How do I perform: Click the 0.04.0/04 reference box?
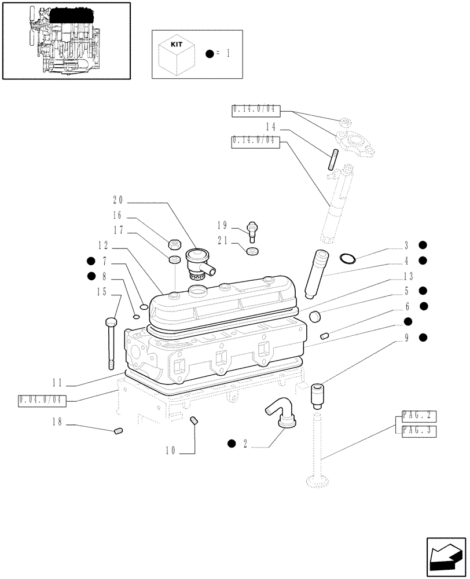(x=43, y=400)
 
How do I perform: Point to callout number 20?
(x=118, y=200)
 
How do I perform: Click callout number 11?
(x=57, y=383)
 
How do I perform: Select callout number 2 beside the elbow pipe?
(x=245, y=444)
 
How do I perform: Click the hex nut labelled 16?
(x=172, y=243)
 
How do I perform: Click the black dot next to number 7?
(x=91, y=261)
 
